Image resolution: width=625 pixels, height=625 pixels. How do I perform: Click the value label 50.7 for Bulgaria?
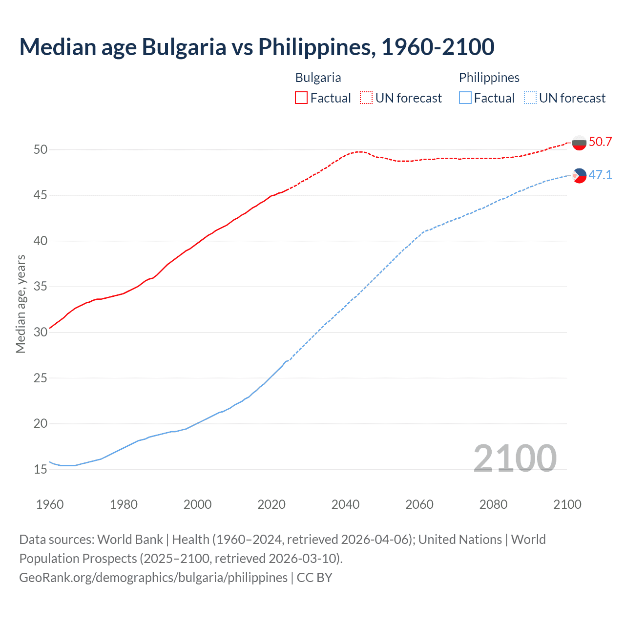(x=600, y=142)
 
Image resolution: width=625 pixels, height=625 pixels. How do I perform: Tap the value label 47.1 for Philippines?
(x=600, y=175)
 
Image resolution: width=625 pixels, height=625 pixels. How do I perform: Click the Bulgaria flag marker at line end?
(x=579, y=143)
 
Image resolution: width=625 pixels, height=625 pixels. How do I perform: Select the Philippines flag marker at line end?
(x=579, y=175)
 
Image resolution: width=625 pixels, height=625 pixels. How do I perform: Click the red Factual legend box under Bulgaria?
(x=301, y=98)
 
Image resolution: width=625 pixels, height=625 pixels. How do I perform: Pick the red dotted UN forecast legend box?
(x=366, y=98)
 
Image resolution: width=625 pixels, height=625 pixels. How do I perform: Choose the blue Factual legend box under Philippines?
(x=465, y=98)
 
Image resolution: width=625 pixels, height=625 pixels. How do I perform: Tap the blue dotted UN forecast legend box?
(x=530, y=98)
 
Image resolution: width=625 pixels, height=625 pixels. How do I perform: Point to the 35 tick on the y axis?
(x=41, y=287)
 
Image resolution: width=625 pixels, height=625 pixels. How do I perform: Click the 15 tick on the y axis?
(x=41, y=470)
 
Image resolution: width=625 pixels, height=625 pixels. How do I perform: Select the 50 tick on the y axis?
(x=41, y=149)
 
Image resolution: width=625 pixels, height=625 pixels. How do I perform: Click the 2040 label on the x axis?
(x=345, y=504)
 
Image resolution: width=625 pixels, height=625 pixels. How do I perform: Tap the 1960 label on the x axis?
(x=50, y=504)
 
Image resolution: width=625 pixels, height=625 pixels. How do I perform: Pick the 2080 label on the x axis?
(x=493, y=504)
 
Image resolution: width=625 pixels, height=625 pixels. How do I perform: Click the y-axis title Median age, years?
(x=21, y=304)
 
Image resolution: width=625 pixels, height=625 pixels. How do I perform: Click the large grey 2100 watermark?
(x=515, y=458)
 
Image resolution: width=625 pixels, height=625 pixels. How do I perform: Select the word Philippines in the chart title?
(x=316, y=47)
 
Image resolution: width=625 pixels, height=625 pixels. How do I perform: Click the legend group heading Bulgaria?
(x=318, y=78)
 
